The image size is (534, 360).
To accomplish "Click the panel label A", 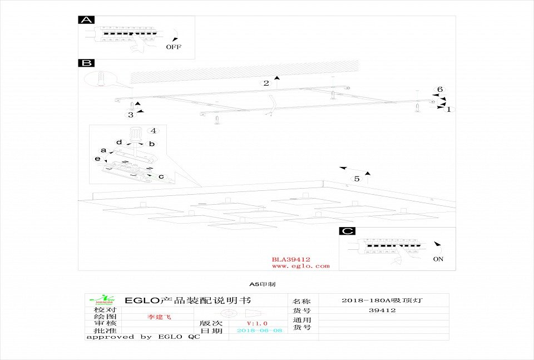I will pyautogui.click(x=86, y=20).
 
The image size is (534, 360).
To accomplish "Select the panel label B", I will pyautogui.click(x=86, y=63).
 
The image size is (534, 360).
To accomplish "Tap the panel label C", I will pyautogui.click(x=347, y=231).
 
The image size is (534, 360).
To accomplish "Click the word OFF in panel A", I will pyautogui.click(x=174, y=47).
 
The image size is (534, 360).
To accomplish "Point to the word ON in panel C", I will pyautogui.click(x=438, y=259).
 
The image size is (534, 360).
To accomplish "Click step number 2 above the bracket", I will pyautogui.click(x=266, y=83).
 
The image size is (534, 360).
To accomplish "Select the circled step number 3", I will pyautogui.click(x=131, y=115).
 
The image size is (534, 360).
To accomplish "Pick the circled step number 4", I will pyautogui.click(x=154, y=131).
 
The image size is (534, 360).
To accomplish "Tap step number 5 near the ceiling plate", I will pyautogui.click(x=357, y=179).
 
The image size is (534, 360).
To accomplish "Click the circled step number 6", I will pyautogui.click(x=439, y=90).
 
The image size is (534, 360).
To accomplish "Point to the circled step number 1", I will pyautogui.click(x=448, y=110).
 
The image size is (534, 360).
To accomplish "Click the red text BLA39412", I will pyautogui.click(x=291, y=259).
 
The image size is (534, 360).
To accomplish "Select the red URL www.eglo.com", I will pyautogui.click(x=300, y=266).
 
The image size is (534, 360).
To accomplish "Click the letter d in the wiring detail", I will pyautogui.click(x=119, y=142).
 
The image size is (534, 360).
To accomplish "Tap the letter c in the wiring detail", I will pyautogui.click(x=161, y=177).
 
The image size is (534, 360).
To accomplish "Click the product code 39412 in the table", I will pyautogui.click(x=382, y=310).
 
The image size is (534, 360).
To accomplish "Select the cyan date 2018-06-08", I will pyautogui.click(x=260, y=331).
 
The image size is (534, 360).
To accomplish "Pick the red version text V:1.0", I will pyautogui.click(x=257, y=323).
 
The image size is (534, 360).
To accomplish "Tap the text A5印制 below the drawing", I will pyautogui.click(x=261, y=284).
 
